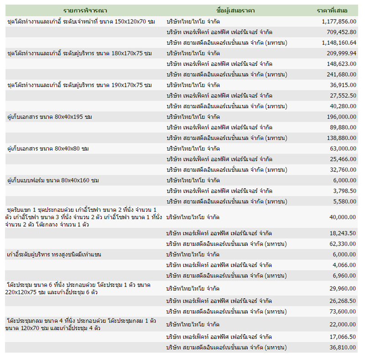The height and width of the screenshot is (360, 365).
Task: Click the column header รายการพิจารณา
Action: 86,10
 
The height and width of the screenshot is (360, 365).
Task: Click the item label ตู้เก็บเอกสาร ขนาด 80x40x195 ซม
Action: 50,117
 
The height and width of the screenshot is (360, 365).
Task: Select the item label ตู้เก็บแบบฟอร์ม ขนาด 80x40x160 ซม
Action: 53,181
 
